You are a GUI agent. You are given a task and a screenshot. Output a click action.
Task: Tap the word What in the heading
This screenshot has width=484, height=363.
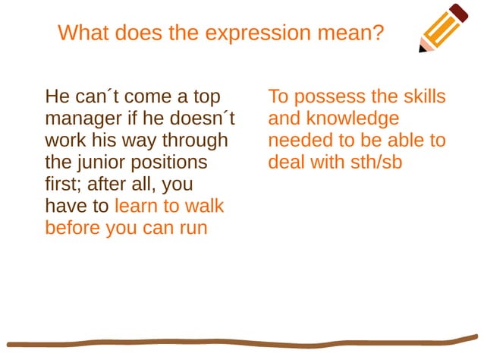tap(83, 33)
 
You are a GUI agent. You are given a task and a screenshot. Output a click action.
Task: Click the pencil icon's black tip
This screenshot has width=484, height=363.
tap(423, 48)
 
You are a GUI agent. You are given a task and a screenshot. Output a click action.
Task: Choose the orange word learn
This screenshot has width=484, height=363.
tap(138, 206)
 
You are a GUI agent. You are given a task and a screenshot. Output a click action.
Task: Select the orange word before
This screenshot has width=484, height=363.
tap(73, 228)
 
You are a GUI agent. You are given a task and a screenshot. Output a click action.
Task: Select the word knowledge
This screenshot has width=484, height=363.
tap(350, 119)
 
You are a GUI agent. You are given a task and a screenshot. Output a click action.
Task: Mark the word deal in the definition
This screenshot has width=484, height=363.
tap(284, 163)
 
